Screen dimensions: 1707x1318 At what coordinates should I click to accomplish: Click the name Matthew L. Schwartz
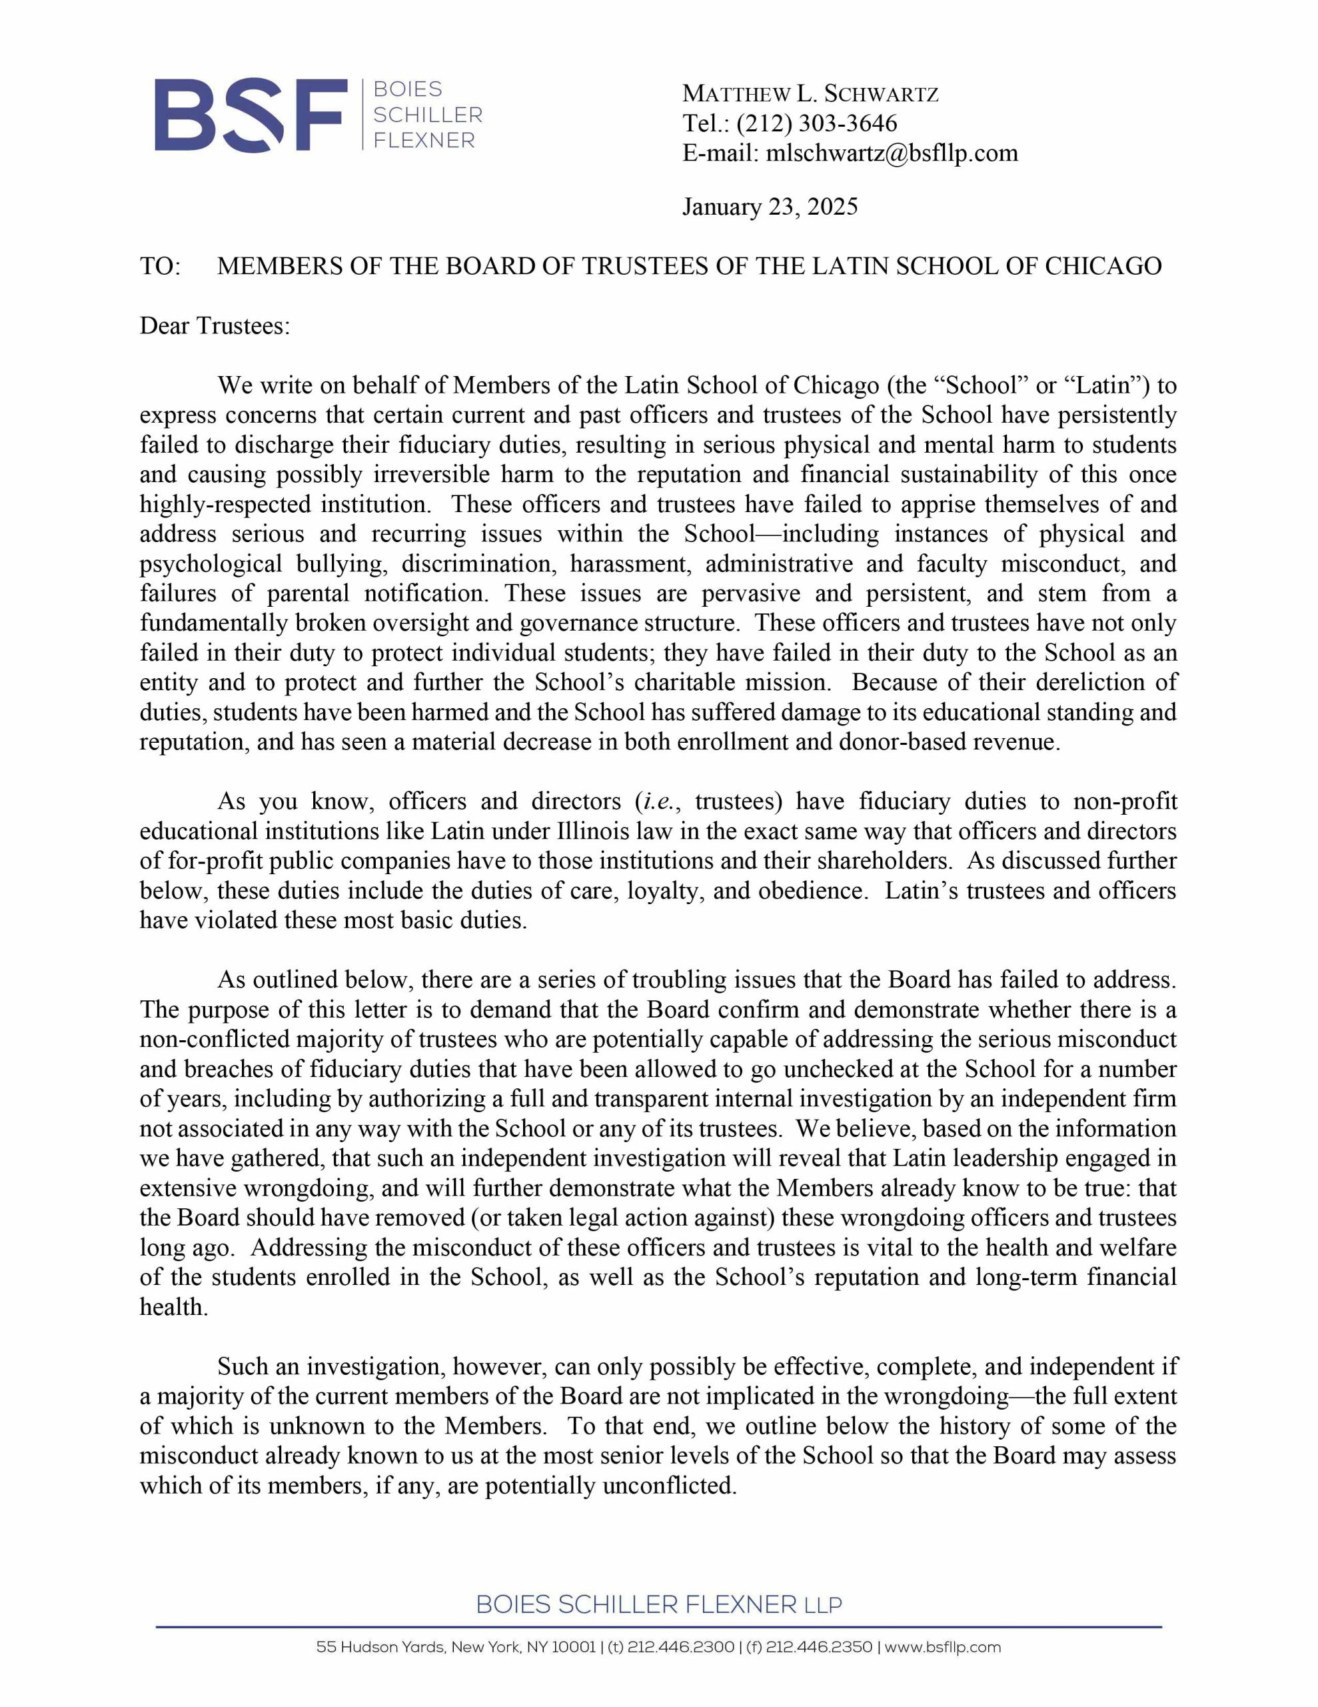click(810, 94)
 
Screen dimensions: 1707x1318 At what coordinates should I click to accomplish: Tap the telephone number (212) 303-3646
click(816, 123)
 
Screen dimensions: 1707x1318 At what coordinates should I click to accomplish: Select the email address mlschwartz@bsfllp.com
click(892, 153)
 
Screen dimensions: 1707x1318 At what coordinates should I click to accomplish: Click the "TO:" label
click(160, 267)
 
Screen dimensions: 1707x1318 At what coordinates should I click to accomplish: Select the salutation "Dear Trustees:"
click(215, 326)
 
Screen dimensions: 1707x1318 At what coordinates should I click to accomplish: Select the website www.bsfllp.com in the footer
click(942, 1647)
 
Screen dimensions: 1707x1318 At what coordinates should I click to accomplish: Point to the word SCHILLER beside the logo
click(427, 115)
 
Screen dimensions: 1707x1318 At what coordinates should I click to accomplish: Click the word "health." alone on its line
click(174, 1307)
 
